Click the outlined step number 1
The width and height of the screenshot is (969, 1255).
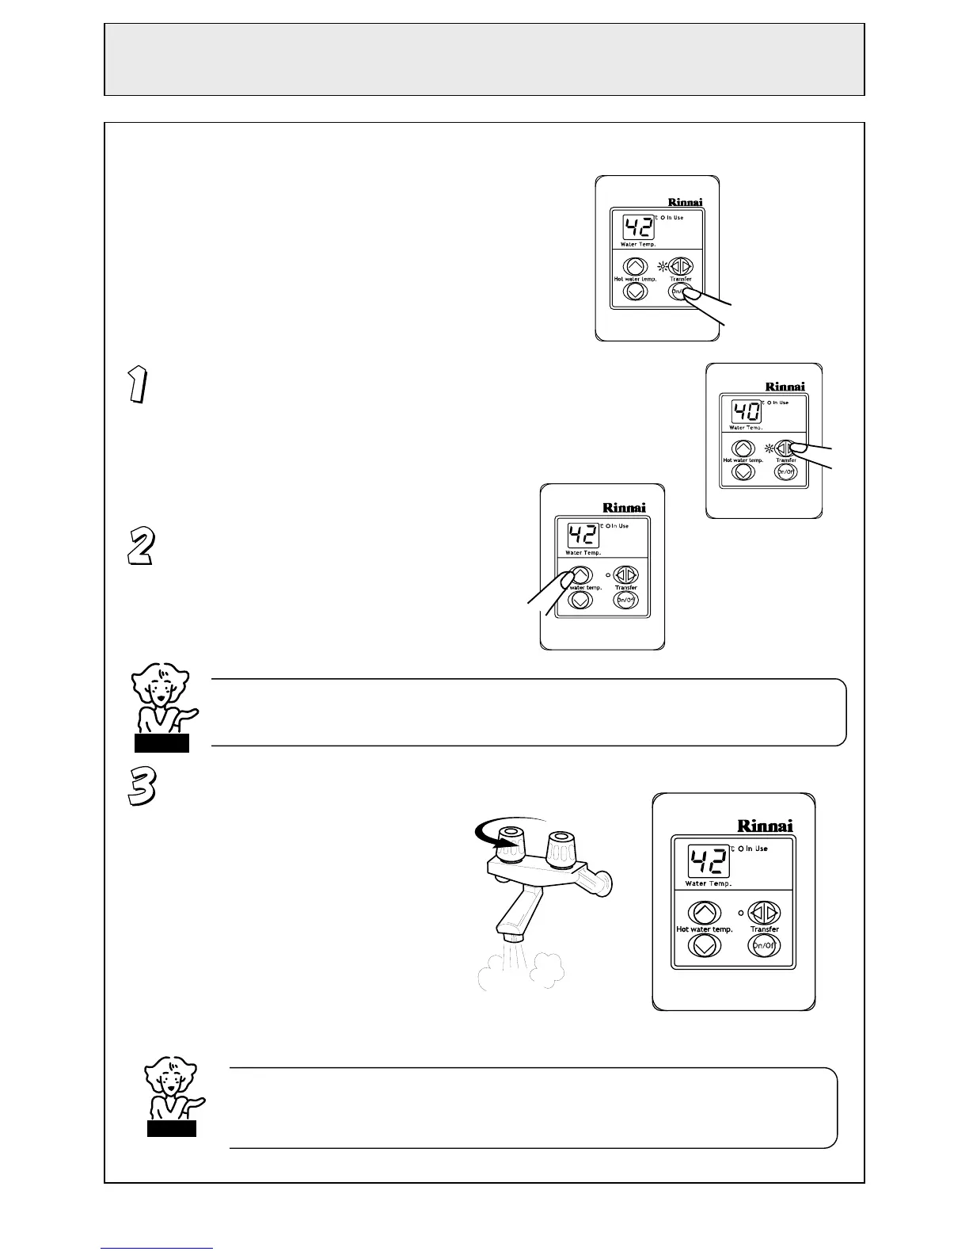[137, 385]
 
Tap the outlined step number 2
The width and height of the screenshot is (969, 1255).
[140, 547]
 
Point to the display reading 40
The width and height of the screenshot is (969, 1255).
[746, 412]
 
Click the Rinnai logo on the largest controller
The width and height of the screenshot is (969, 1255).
[765, 826]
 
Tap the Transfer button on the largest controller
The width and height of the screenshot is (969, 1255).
[764, 912]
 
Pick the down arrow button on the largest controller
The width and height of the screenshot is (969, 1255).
[704, 945]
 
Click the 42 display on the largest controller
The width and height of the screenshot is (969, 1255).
[707, 860]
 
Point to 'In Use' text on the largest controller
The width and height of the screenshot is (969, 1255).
[755, 849]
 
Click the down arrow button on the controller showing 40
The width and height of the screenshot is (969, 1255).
[743, 471]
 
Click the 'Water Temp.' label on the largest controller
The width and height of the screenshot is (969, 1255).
[708, 883]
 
